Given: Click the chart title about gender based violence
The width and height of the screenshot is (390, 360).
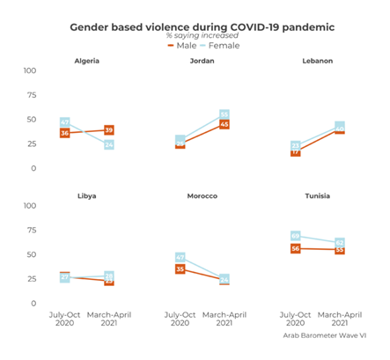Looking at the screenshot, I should click(202, 27).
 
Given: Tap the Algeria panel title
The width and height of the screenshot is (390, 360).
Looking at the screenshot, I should click(86, 61).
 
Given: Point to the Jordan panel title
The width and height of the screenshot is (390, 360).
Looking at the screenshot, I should click(202, 61).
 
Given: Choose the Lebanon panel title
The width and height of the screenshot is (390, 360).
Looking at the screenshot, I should click(316, 61).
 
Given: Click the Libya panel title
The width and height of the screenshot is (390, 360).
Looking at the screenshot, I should click(86, 195).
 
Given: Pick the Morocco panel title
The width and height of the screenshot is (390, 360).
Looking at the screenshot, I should click(202, 195).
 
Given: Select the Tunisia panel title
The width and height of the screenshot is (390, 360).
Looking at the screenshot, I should click(316, 195).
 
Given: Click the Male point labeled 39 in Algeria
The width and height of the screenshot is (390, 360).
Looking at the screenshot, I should click(109, 129).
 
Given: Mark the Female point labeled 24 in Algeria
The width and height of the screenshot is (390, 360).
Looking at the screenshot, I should click(109, 144).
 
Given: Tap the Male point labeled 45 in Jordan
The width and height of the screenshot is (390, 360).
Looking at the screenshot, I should click(224, 124).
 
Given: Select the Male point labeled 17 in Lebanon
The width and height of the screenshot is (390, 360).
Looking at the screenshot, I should click(295, 151).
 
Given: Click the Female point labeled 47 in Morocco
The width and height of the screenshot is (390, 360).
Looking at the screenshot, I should click(180, 257).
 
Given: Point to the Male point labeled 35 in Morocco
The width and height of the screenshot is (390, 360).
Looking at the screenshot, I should click(180, 268).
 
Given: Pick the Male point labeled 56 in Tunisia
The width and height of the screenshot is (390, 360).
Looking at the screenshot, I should click(295, 248).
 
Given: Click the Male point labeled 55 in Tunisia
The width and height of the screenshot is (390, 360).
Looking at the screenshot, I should click(339, 249).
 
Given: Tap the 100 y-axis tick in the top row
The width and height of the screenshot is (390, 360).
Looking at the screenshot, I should click(30, 70).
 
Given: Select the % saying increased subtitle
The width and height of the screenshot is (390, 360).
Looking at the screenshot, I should click(202, 36).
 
